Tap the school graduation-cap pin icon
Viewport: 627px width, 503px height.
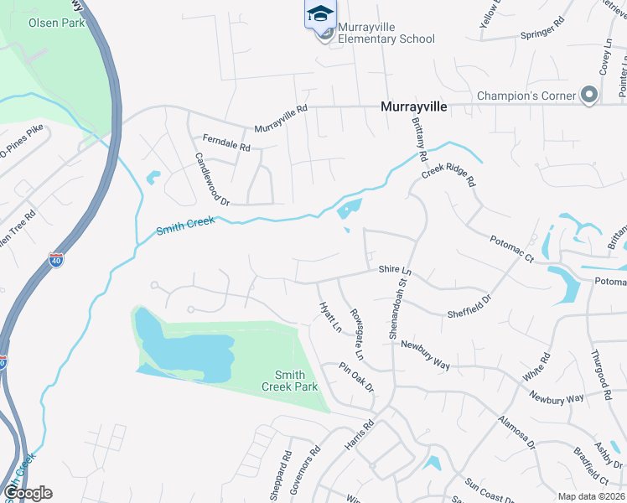[x=319, y=14]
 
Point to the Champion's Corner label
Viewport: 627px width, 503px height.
[x=526, y=96]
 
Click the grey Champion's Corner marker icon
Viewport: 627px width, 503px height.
[x=589, y=94]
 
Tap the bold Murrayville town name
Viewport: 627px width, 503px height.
[x=414, y=107]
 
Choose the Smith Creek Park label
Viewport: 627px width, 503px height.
[x=289, y=381]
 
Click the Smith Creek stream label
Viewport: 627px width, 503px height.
[x=186, y=226]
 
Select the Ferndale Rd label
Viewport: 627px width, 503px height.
[x=226, y=143]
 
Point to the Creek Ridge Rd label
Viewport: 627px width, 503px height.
[x=448, y=175]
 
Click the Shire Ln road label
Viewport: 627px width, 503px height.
[x=396, y=270]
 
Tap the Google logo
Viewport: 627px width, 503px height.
[x=28, y=493]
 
